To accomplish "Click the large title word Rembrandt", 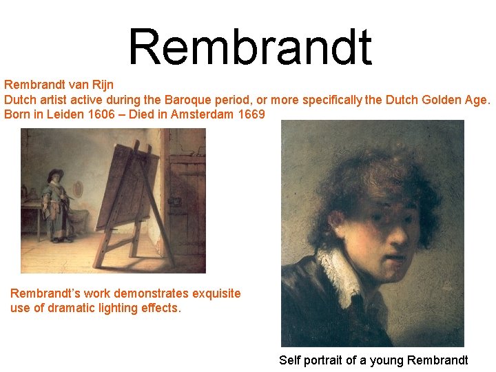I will click(249, 48).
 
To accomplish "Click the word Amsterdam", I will click(203, 114).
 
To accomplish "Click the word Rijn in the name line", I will click(100, 85).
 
